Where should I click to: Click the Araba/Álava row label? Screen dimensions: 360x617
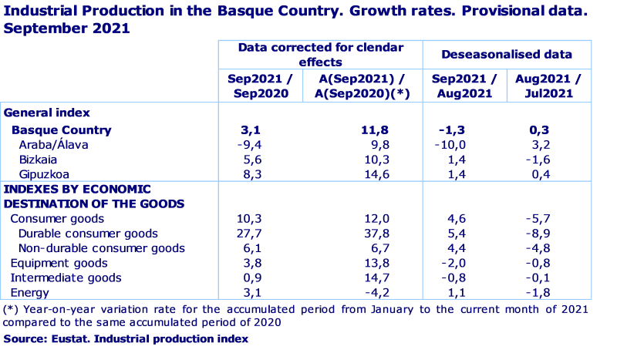tap(53, 145)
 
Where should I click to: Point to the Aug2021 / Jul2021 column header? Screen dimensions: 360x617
tap(548, 86)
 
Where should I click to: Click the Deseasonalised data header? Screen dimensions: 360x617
tap(507, 55)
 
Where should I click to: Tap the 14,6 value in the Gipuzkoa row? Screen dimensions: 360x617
tap(376, 174)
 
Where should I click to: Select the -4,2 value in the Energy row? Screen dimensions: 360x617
tap(376, 293)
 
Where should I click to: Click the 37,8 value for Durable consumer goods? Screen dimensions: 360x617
tap(376, 234)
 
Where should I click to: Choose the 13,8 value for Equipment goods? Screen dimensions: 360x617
tap(376, 263)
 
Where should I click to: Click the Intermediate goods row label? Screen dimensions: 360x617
tap(66, 278)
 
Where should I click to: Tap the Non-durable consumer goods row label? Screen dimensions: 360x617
tap(101, 248)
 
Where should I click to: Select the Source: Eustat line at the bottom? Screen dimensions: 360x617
tap(126, 338)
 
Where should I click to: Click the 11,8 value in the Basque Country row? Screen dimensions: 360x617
tap(376, 130)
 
